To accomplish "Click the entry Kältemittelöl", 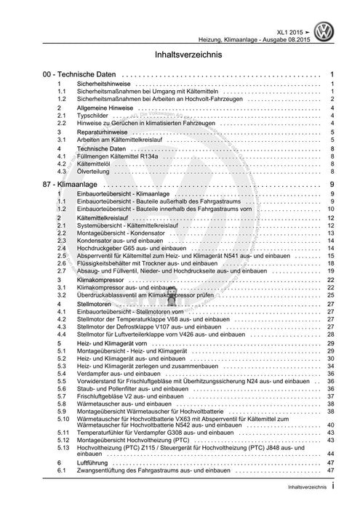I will coord(95,164).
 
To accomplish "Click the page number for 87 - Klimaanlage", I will coord(331,185).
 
